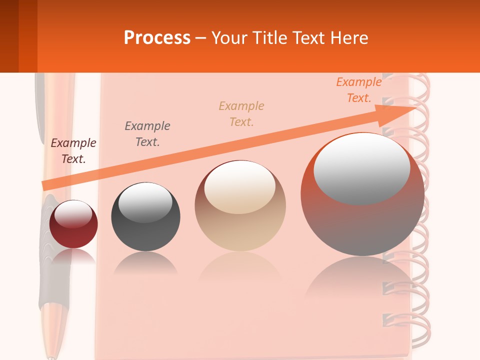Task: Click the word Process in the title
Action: pos(157,38)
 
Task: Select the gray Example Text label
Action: pos(147,134)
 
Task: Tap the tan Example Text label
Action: pos(241,114)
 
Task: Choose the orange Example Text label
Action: pos(359,90)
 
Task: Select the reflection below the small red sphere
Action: pos(73,256)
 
